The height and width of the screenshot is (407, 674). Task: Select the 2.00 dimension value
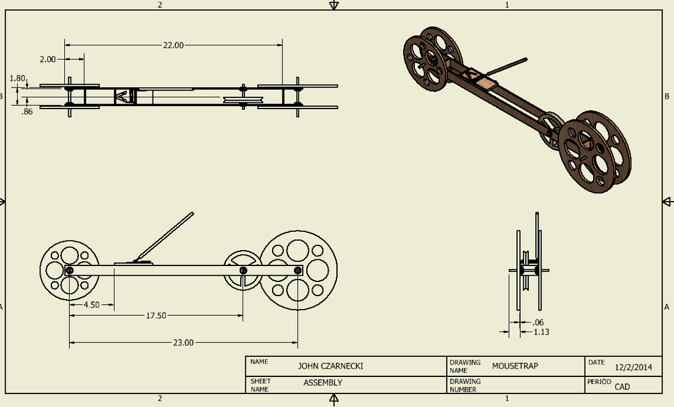[48, 59]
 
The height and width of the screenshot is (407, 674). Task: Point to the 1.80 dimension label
[18, 78]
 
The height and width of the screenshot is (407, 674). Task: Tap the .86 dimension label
[27, 112]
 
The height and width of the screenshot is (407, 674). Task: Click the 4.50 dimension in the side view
[91, 305]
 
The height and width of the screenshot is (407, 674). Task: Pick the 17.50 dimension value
[156, 315]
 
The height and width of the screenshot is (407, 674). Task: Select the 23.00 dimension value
[183, 343]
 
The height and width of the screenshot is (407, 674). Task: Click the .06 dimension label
[538, 322]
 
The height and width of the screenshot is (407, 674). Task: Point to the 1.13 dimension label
[540, 332]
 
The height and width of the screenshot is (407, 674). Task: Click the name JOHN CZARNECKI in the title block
[330, 366]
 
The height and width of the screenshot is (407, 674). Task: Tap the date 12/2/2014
[633, 367]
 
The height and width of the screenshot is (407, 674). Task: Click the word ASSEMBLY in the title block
[322, 383]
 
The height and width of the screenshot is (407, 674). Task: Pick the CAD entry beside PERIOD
[623, 387]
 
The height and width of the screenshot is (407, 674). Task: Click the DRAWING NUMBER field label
[465, 385]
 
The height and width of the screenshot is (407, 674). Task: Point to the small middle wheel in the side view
[244, 270]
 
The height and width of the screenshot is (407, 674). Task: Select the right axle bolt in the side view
[298, 270]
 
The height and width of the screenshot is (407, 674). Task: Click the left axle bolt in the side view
[70, 270]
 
